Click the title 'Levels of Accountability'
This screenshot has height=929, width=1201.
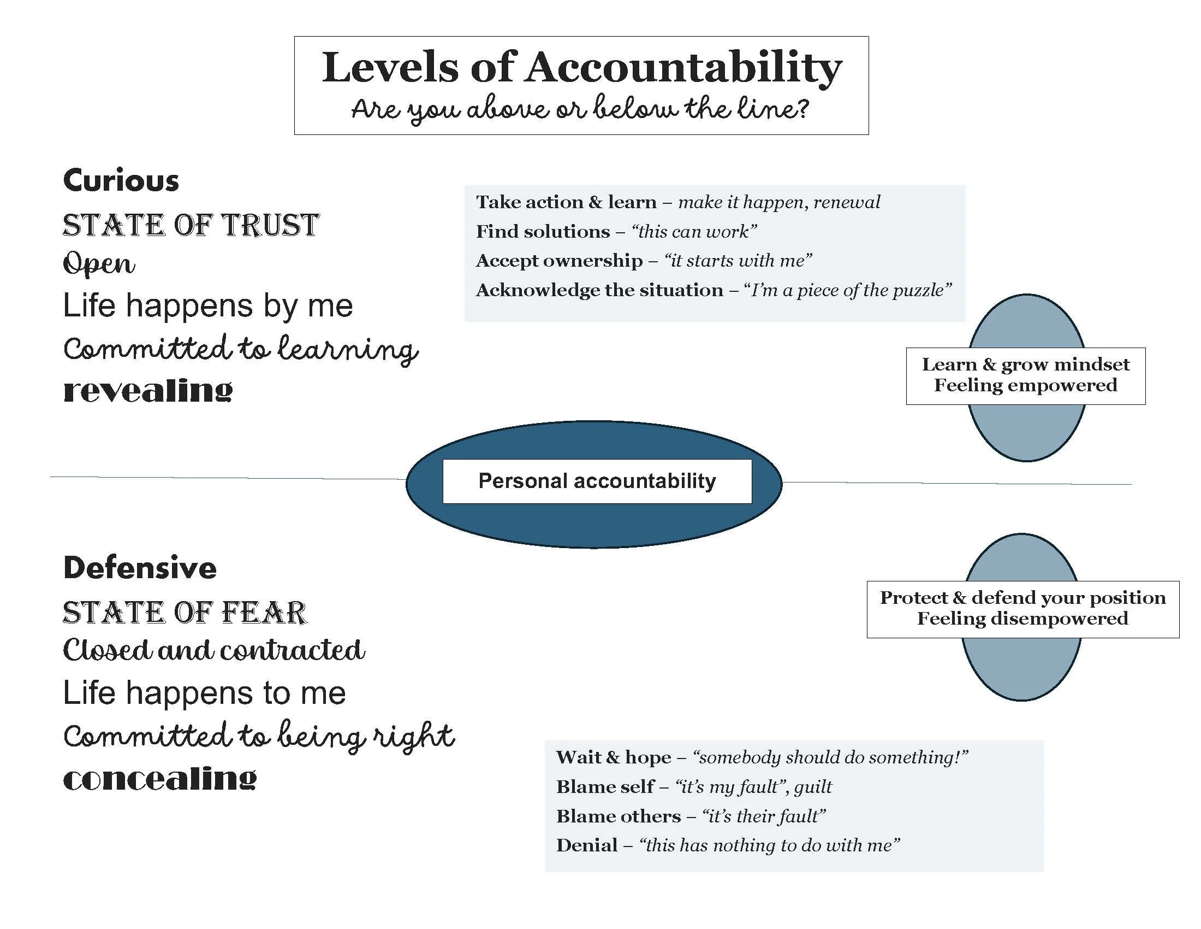pyautogui.click(x=581, y=68)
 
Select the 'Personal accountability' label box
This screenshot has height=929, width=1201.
pyautogui.click(x=597, y=481)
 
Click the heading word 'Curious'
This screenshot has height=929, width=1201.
pyautogui.click(x=121, y=180)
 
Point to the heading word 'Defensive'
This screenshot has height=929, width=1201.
pyautogui.click(x=140, y=568)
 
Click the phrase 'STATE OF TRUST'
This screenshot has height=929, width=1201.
pyautogui.click(x=191, y=225)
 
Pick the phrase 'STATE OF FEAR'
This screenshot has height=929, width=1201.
pyautogui.click(x=184, y=612)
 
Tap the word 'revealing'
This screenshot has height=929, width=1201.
pyautogui.click(x=147, y=390)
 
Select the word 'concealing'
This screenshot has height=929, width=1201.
pyautogui.click(x=159, y=778)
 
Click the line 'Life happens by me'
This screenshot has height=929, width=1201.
pyautogui.click(x=207, y=305)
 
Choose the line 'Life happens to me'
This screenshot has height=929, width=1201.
pyautogui.click(x=204, y=692)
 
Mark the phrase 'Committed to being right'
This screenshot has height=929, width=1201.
pyautogui.click(x=258, y=736)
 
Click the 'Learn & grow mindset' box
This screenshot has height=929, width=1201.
pyautogui.click(x=1026, y=375)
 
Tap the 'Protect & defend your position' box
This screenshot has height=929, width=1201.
pyautogui.click(x=1022, y=609)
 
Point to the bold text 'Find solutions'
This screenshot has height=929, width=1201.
pyautogui.click(x=543, y=232)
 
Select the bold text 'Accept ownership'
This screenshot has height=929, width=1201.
pyautogui.click(x=558, y=261)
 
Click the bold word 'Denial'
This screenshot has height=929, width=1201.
pyautogui.click(x=587, y=845)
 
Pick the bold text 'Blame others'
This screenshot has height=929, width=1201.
pyautogui.click(x=618, y=816)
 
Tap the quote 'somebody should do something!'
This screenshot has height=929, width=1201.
pyautogui.click(x=830, y=758)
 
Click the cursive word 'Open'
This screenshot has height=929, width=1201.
pyautogui.click(x=99, y=264)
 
